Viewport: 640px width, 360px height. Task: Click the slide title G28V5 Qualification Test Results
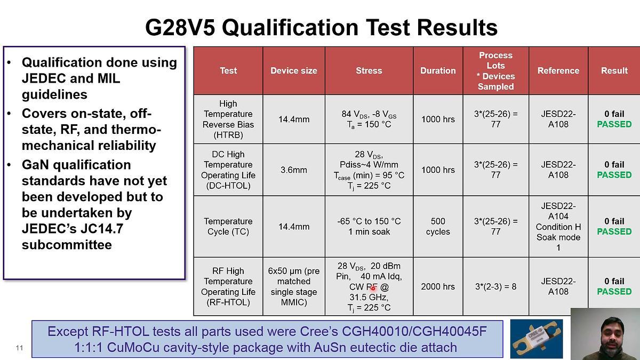[x=321, y=28]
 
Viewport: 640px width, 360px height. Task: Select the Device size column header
[x=293, y=70]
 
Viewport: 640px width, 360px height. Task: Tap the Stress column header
[x=369, y=70]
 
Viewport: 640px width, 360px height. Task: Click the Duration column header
[x=438, y=70]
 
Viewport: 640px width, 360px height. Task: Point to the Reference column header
[x=558, y=70]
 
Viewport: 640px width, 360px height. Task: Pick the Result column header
[x=614, y=70]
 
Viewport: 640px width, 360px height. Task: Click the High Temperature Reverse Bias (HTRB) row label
[x=228, y=119]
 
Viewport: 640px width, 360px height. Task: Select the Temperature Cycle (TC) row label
[x=228, y=227]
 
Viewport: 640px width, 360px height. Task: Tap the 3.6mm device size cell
[x=294, y=170]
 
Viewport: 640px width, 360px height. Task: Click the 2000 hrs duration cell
[x=438, y=286]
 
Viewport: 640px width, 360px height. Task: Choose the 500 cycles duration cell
[x=438, y=227]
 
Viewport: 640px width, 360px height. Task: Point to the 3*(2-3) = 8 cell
[x=495, y=286]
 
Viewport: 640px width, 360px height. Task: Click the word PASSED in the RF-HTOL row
[x=614, y=292]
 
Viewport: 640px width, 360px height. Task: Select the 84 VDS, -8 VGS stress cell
[x=369, y=119]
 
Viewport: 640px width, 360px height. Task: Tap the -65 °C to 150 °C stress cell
[x=369, y=227]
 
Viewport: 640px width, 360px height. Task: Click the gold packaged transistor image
[x=536, y=339]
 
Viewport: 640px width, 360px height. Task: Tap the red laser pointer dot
[x=373, y=288]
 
